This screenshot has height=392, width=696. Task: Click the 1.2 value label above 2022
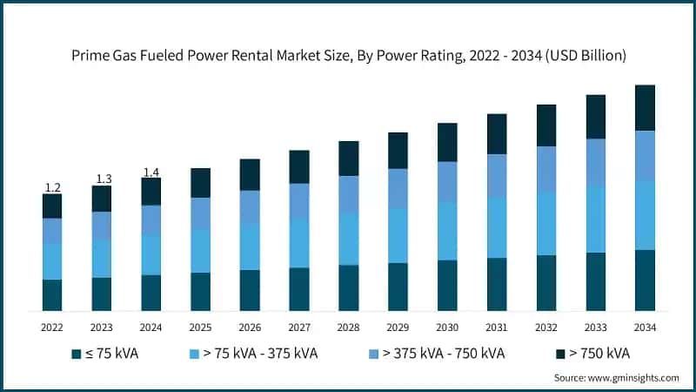[x=52, y=187]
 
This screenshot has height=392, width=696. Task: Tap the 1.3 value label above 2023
[x=103, y=179]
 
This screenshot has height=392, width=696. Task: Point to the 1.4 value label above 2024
[x=151, y=172]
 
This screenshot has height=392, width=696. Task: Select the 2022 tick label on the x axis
[x=52, y=327]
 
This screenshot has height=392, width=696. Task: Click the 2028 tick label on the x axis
[x=349, y=327]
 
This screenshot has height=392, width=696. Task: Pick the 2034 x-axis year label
[x=645, y=327]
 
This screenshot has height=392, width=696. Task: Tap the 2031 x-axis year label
[x=497, y=327]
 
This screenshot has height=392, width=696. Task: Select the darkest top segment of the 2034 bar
[x=645, y=108]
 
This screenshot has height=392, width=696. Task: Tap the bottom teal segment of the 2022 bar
[x=52, y=295]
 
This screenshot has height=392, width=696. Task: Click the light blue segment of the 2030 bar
[x=447, y=231]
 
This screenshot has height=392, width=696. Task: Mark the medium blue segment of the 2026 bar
[x=250, y=206]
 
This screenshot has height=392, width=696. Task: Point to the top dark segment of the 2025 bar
[x=200, y=183]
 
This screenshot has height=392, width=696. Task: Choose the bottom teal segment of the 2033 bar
[x=595, y=281]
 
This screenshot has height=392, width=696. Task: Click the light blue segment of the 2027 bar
[x=299, y=243]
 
